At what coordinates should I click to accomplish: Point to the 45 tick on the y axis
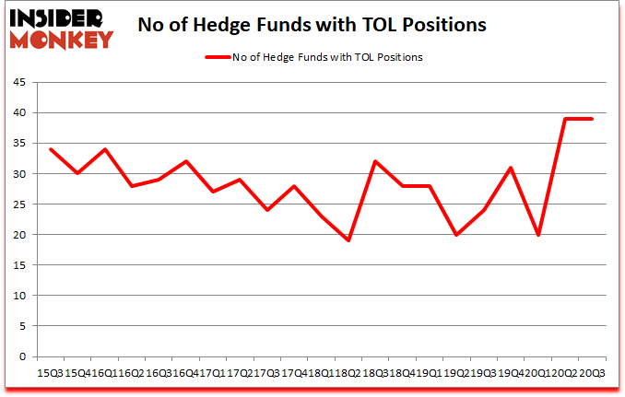(x=18, y=82)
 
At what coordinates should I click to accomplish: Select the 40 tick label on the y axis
(x=18, y=112)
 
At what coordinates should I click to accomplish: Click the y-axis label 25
(x=18, y=204)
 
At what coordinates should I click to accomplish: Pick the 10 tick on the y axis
(x=18, y=296)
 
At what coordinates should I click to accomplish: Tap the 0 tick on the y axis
(x=20, y=356)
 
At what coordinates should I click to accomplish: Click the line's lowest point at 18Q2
(x=348, y=240)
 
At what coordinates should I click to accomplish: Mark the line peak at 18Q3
(x=374, y=161)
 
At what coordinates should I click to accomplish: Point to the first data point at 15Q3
(x=51, y=149)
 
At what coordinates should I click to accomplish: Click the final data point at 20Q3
(x=591, y=119)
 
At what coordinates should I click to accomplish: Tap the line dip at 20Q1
(x=537, y=235)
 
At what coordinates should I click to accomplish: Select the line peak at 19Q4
(x=510, y=168)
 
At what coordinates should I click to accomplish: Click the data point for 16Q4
(x=185, y=161)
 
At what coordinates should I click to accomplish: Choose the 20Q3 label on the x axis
(x=591, y=373)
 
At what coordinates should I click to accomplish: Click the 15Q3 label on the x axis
(x=51, y=373)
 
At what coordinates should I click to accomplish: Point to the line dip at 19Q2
(x=455, y=235)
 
